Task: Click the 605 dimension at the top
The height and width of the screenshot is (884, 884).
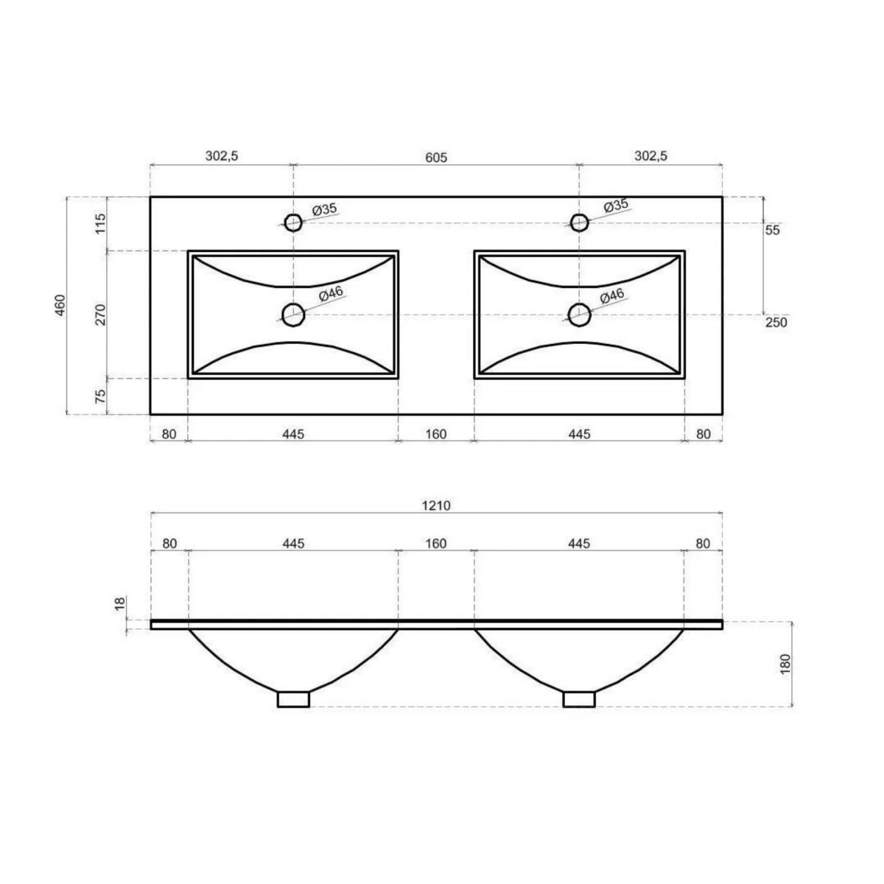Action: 436,157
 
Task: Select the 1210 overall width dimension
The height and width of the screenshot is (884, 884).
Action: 436,505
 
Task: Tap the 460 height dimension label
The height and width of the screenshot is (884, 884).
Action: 60,305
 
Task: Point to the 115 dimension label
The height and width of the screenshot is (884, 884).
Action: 101,222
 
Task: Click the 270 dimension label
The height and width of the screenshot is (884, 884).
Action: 101,314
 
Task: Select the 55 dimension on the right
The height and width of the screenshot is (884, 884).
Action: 772,230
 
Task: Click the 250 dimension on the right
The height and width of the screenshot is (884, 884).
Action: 776,322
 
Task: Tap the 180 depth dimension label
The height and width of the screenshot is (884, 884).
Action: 785,664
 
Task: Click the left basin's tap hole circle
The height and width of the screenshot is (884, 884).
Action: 293,222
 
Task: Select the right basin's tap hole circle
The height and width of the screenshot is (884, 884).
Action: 579,222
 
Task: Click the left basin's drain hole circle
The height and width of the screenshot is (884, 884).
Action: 293,315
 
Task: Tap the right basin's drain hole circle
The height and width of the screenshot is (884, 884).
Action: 579,315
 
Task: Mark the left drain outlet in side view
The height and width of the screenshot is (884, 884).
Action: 293,698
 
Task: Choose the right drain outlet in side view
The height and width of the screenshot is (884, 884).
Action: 579,698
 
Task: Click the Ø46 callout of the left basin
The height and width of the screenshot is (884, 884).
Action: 331,294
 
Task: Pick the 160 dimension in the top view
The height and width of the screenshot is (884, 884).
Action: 436,434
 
